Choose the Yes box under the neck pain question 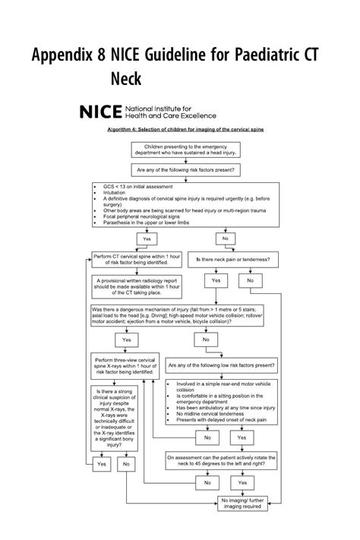tap(215, 281)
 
